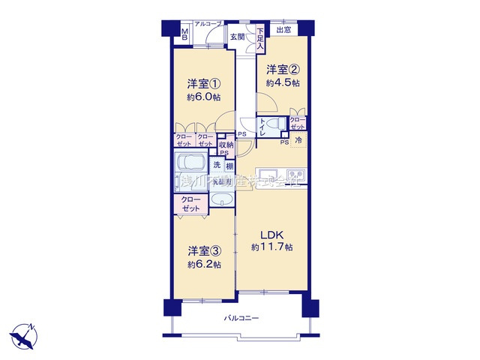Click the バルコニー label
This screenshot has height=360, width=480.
[241, 319]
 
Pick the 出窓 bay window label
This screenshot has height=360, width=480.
[283, 30]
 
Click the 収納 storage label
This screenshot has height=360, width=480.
[226, 144]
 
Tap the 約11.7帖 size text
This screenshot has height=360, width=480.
[271, 247]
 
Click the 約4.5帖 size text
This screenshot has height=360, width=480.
[285, 83]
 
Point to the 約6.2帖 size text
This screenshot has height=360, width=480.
[204, 265]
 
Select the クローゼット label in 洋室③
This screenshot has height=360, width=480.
[191, 204]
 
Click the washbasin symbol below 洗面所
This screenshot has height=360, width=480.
[222, 199]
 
